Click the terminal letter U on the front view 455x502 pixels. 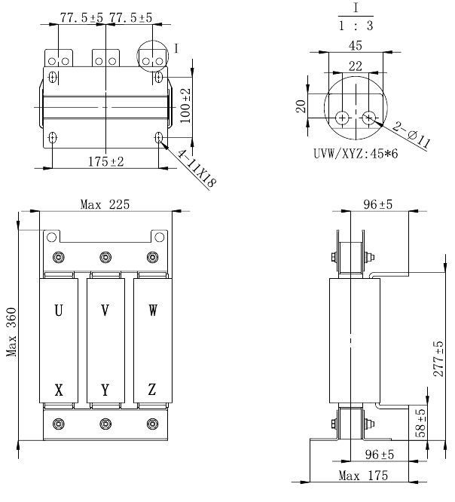[x=58, y=310]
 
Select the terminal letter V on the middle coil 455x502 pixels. [x=105, y=310]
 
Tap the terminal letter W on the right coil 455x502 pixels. [x=153, y=310]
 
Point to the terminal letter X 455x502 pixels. [x=58, y=390]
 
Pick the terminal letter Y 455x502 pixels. [x=105, y=390]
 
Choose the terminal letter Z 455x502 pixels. [x=153, y=390]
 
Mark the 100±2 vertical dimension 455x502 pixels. [x=185, y=104]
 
